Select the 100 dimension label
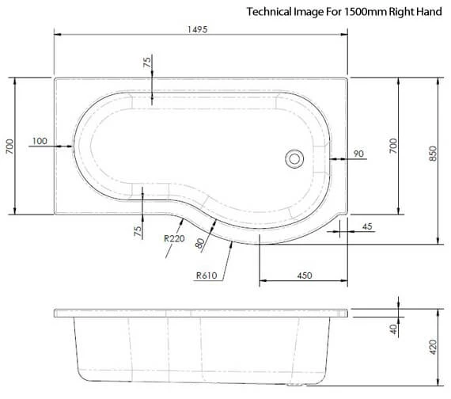tap(40, 142)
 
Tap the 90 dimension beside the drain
tap(359, 154)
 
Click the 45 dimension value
tap(366, 226)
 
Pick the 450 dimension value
tap(305, 275)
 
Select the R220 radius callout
tap(174, 237)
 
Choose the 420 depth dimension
tap(433, 346)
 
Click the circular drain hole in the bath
tap(294, 158)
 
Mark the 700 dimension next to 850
tap(393, 146)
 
